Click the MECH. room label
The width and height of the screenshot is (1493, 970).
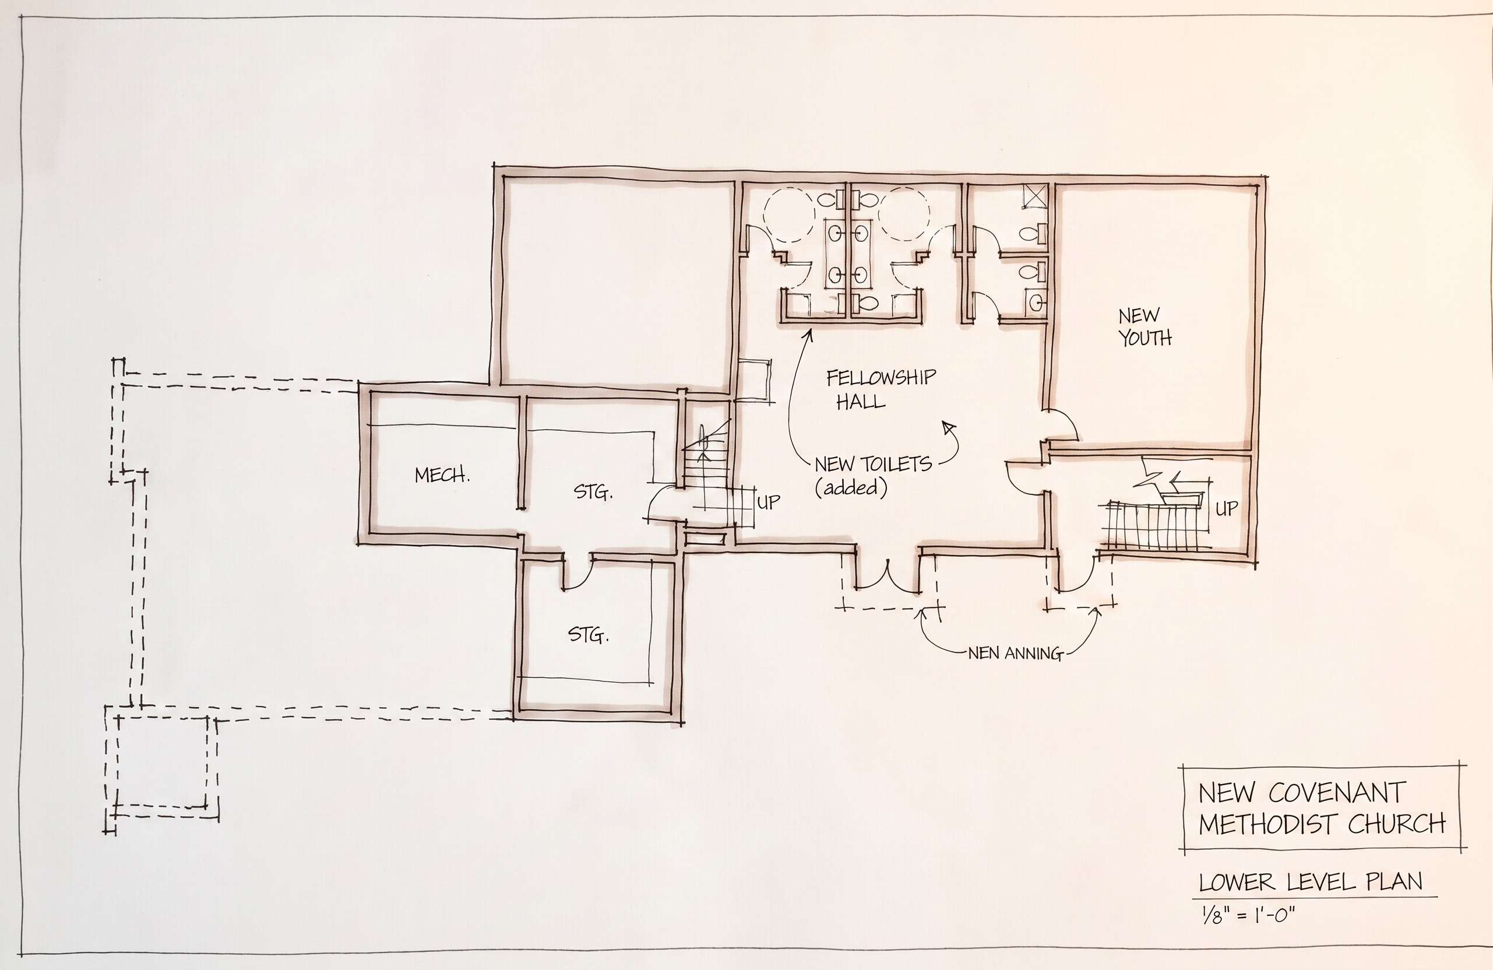point(442,475)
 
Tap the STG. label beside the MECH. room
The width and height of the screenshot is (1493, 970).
point(593,492)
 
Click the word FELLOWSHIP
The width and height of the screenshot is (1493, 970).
point(881,378)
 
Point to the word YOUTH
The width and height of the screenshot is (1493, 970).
point(1146,339)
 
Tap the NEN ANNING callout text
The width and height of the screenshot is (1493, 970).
point(1015,654)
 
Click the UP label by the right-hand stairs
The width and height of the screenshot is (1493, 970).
point(1227,508)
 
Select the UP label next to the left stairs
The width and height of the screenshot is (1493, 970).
point(769,501)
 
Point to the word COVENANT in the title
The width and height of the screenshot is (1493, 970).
point(1336,793)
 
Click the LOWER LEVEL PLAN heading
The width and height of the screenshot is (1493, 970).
point(1311,882)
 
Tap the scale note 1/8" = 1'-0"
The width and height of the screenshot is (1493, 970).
point(1248,913)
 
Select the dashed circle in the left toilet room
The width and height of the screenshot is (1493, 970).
point(788,214)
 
